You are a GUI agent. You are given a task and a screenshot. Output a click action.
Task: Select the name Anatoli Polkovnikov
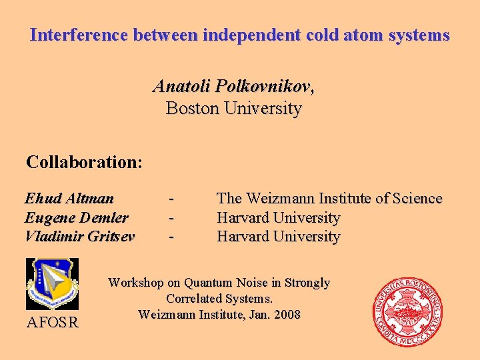point(233,87)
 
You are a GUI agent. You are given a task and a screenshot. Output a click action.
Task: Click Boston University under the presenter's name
point(233,108)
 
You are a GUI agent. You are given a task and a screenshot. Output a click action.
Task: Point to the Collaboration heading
point(84,162)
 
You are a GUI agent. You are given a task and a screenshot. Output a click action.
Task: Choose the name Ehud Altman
point(69,198)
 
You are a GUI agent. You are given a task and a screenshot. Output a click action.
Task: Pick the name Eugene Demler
point(76,217)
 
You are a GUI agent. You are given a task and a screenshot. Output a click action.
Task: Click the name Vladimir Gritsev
point(79,236)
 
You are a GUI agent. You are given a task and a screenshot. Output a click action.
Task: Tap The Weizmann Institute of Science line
point(329,198)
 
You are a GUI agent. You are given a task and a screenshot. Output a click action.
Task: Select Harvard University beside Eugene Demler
point(278,217)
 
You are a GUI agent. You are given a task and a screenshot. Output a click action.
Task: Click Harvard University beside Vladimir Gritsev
point(278,236)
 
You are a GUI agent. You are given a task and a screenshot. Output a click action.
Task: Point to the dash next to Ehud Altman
point(172,198)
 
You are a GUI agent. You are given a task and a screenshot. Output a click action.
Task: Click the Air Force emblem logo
point(52,284)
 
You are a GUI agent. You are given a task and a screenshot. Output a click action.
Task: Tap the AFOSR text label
point(52,323)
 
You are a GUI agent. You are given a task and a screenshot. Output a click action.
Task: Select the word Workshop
point(135,283)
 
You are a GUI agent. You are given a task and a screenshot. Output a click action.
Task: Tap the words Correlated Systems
point(219,299)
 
